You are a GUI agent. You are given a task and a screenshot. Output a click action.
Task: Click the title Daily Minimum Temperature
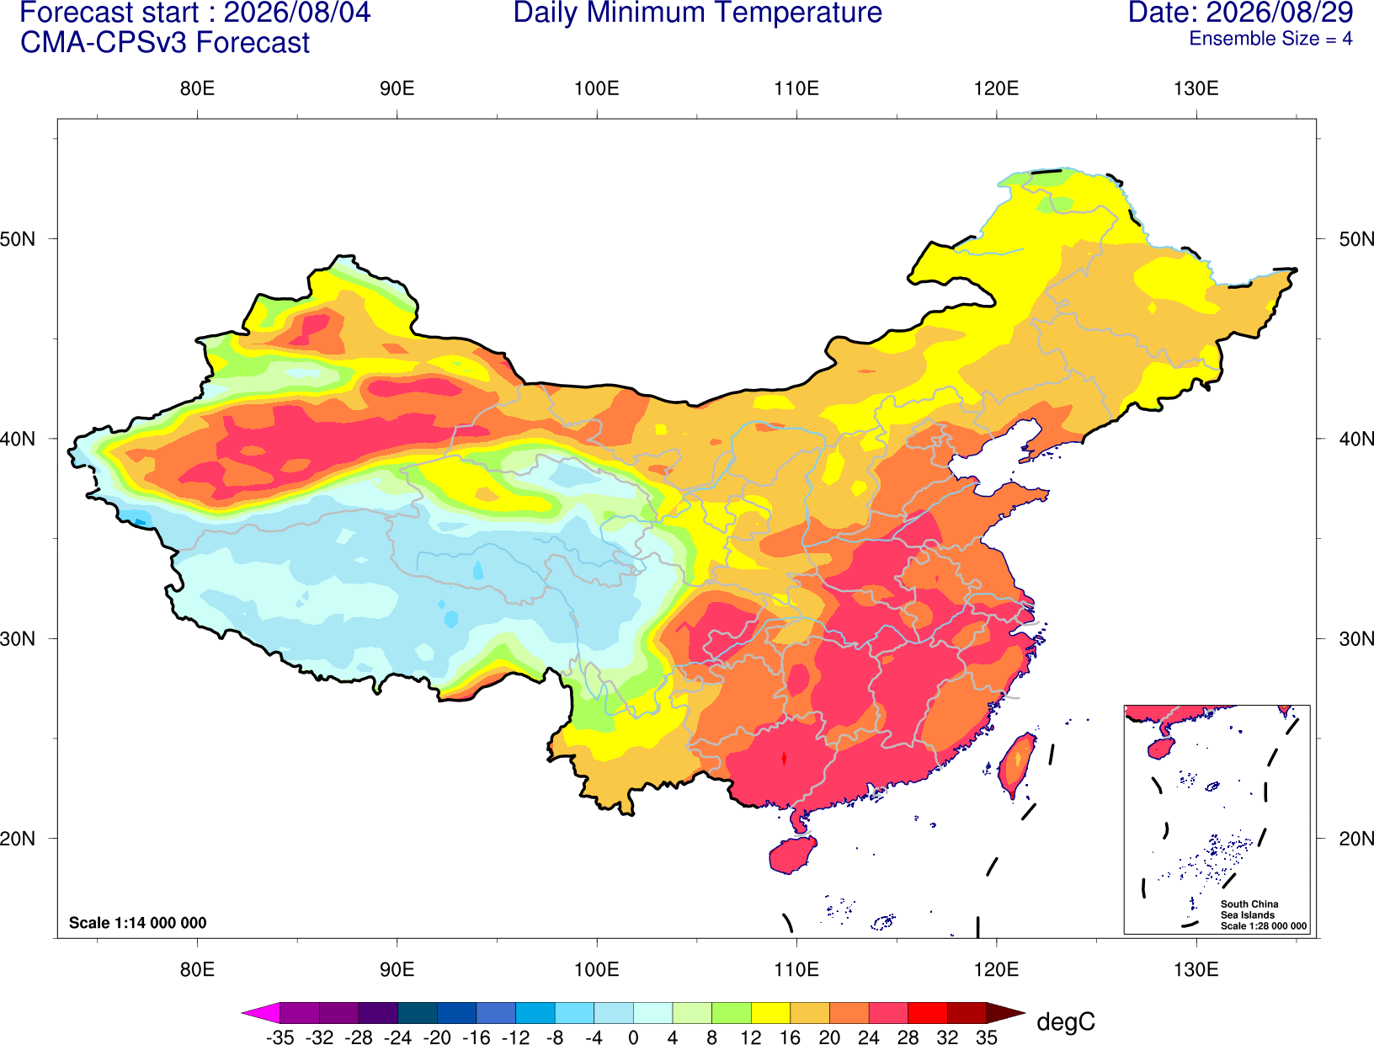[697, 13]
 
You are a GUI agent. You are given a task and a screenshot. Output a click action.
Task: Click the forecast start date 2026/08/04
[296, 13]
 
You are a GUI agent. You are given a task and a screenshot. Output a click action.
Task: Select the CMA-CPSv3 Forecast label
[165, 43]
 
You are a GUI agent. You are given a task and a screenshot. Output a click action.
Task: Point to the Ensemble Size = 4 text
[1270, 39]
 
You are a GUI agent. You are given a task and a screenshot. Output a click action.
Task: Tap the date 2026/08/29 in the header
[1279, 13]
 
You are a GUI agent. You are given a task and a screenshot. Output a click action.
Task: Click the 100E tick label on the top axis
[597, 88]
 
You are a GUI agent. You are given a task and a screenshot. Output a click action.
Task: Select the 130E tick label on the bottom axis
[1196, 970]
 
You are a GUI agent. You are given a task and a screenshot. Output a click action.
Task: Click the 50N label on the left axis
[18, 239]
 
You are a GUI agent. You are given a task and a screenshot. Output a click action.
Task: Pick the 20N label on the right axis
[1356, 839]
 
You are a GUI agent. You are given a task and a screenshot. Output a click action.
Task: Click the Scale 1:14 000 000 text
[138, 923]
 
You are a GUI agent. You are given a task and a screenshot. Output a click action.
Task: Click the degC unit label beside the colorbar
[1066, 1021]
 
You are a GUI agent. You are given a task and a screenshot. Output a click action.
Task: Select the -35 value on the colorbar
[280, 1037]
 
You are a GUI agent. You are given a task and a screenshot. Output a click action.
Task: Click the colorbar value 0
[633, 1037]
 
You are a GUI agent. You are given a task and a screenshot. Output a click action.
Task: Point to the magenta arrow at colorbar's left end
[261, 1012]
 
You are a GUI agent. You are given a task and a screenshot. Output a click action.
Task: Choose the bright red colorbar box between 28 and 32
[928, 1012]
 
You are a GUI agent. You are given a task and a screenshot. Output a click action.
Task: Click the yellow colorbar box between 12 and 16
[770, 1012]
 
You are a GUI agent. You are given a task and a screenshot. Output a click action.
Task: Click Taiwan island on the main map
[1016, 765]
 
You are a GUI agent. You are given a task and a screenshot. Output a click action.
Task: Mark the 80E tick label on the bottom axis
[197, 970]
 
